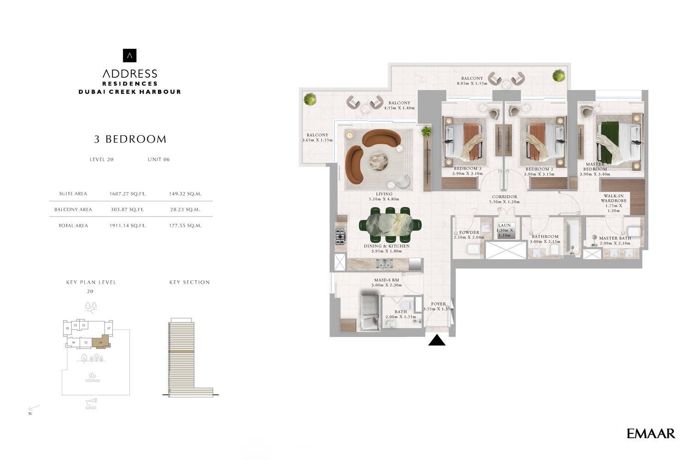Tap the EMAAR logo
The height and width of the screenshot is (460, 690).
(x=650, y=433)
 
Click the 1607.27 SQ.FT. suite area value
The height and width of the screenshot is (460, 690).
(x=127, y=194)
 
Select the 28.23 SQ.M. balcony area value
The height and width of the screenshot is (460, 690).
(x=185, y=209)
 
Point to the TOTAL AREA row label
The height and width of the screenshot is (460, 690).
(x=73, y=225)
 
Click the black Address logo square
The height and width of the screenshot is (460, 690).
(x=129, y=56)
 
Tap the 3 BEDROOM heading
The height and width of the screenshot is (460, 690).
(x=130, y=139)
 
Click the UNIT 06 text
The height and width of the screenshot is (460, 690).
(x=158, y=159)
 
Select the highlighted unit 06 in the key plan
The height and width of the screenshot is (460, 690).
(x=101, y=342)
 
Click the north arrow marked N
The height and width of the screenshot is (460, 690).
(x=33, y=409)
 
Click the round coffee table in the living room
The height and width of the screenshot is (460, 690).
(x=381, y=162)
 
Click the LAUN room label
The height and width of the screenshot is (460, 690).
(x=504, y=225)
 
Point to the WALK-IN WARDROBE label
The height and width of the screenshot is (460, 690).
(x=614, y=198)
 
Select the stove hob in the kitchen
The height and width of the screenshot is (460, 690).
(x=340, y=236)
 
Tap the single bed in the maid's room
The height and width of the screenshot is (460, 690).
(x=369, y=312)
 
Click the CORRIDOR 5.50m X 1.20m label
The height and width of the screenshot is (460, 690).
(x=504, y=199)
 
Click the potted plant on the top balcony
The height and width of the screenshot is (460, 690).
(x=559, y=75)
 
